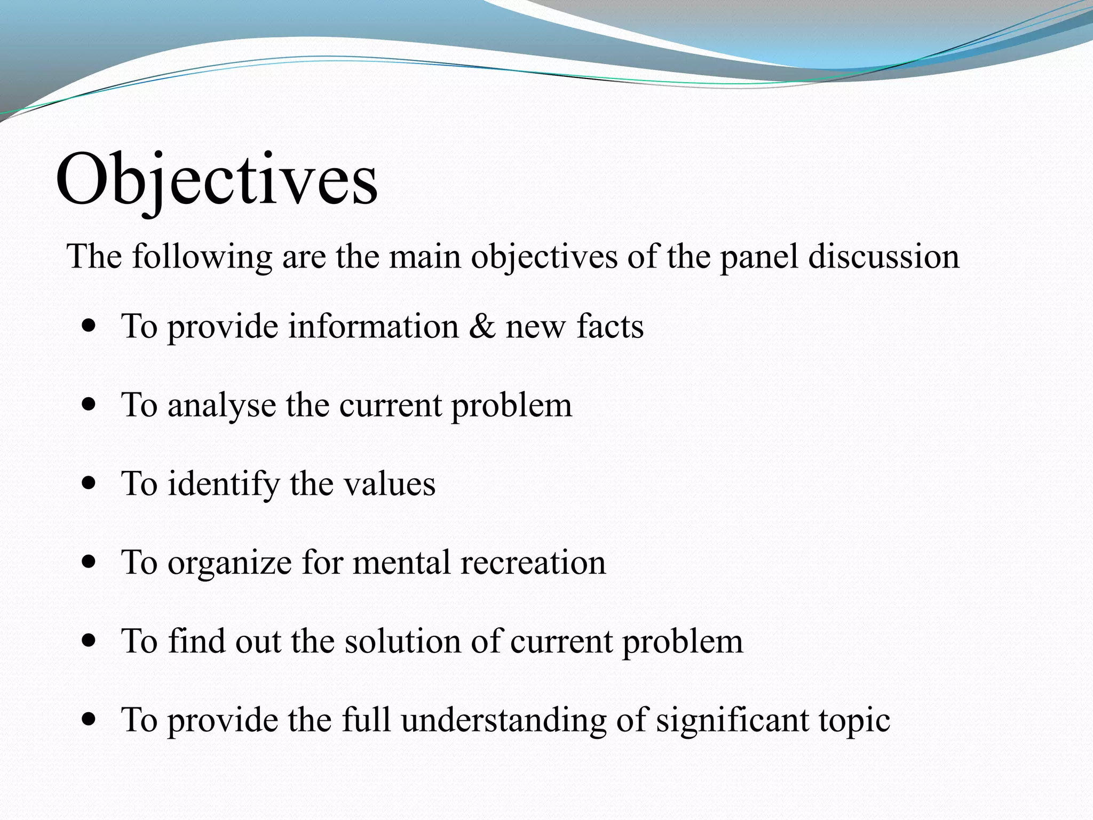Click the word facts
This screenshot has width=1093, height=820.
[x=610, y=326]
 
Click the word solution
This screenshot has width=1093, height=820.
[x=402, y=641]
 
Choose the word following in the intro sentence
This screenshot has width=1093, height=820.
[x=202, y=257]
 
